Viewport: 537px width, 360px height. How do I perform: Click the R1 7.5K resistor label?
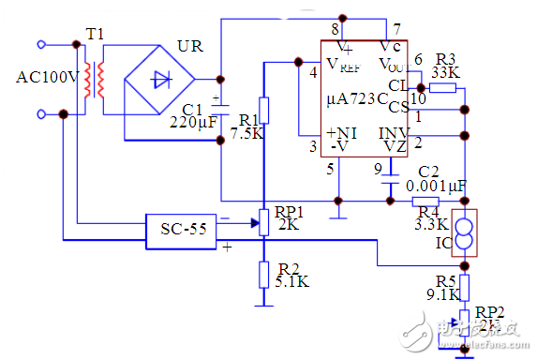click(247, 127)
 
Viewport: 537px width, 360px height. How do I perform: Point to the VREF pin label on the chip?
click(342, 65)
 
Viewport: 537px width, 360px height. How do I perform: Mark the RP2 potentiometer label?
click(491, 317)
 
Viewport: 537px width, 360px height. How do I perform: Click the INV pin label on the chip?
click(392, 131)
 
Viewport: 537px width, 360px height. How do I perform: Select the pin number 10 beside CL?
click(418, 95)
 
